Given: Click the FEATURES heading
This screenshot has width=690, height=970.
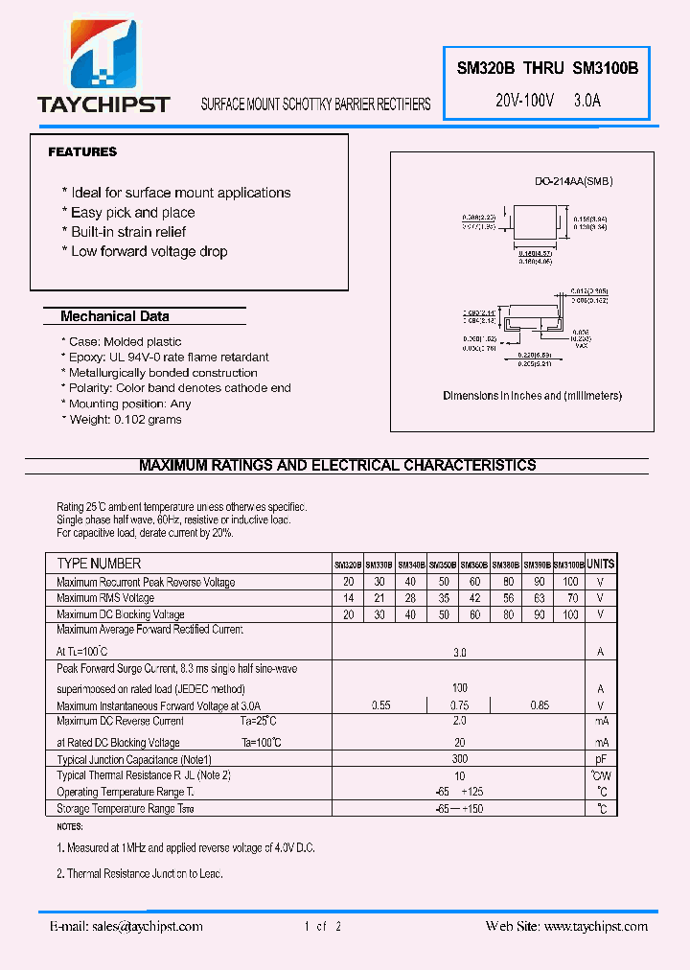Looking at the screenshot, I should tap(82, 151).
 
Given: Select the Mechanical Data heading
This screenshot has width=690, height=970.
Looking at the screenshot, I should tap(114, 316).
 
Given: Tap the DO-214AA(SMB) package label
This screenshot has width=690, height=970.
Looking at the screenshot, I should tap(573, 181).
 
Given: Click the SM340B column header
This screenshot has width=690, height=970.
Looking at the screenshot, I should tap(410, 566).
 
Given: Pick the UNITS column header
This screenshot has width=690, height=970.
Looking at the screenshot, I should tap(601, 565).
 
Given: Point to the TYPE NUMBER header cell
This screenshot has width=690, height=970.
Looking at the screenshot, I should tap(99, 564).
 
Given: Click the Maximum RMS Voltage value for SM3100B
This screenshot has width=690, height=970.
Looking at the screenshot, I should tap(571, 598).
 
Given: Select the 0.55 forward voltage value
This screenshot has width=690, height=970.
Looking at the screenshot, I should tap(380, 705).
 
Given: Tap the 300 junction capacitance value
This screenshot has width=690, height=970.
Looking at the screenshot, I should tap(460, 758).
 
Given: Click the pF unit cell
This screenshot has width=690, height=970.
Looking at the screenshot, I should tap(601, 758).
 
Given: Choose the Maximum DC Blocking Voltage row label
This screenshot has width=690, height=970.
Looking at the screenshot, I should tap(121, 614).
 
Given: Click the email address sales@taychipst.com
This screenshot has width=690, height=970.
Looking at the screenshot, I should tap(145, 926).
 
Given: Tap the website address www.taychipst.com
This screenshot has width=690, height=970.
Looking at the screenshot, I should tap(595, 926).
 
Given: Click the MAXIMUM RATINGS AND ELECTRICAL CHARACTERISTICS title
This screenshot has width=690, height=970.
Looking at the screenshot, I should tap(337, 465).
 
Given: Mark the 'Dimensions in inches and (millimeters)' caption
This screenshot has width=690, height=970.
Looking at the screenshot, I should tap(532, 396).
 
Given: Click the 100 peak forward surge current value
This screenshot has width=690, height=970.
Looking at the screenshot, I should tap(460, 688).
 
